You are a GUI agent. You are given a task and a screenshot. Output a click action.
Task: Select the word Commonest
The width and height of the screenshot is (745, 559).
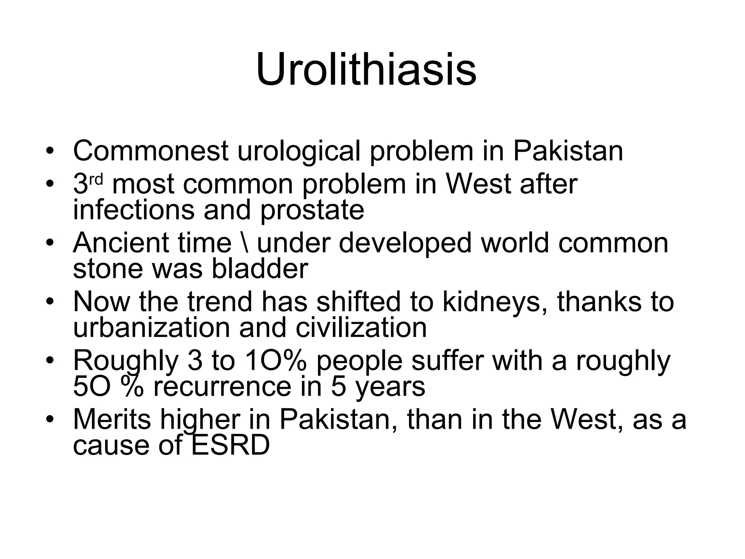click(151, 151)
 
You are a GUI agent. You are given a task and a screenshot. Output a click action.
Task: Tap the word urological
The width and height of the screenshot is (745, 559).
click(298, 151)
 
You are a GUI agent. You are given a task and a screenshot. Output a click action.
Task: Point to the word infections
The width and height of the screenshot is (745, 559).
click(133, 210)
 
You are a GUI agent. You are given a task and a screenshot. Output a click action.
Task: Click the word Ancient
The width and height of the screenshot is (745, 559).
click(121, 243)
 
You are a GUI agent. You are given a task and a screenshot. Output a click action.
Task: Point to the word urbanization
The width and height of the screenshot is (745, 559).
click(151, 328)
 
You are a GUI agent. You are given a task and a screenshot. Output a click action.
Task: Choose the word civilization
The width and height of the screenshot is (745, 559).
click(361, 328)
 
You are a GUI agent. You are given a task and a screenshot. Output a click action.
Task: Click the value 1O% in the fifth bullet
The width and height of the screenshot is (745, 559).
click(276, 361)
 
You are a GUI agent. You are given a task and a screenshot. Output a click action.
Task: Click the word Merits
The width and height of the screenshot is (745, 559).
click(112, 420)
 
